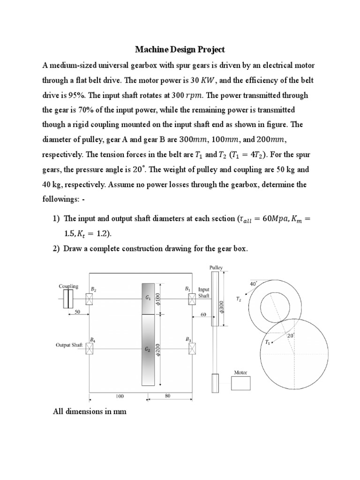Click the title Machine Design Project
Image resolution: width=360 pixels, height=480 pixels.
point(180,49)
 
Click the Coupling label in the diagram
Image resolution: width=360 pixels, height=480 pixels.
point(68,286)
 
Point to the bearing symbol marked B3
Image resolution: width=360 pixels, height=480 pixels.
point(192,348)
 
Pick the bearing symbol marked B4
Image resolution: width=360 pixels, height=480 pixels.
point(90,348)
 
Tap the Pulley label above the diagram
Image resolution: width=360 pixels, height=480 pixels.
point(216,268)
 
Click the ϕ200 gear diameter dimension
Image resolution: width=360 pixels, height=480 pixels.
point(157,350)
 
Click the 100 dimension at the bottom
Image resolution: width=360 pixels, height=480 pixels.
point(120,396)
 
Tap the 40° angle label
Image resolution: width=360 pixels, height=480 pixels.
point(254,284)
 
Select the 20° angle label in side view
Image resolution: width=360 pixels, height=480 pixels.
point(290,336)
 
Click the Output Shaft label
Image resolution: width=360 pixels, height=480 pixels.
point(69,345)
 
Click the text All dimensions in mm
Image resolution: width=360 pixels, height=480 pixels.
point(90,411)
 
